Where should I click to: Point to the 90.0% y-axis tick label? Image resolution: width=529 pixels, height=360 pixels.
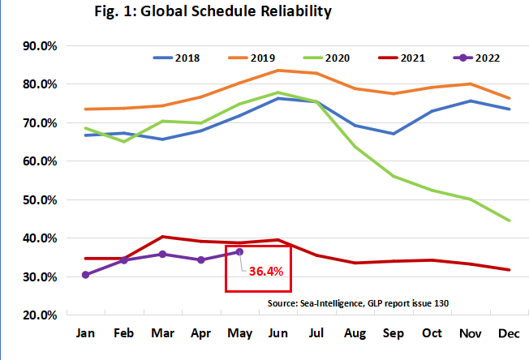click(x=37, y=46)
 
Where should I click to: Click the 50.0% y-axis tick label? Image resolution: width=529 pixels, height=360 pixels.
click(x=37, y=199)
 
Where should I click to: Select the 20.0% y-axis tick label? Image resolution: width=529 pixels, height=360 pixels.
click(x=37, y=315)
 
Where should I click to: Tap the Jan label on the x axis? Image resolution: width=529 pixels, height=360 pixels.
click(x=85, y=333)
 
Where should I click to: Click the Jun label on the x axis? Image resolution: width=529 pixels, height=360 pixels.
click(x=277, y=333)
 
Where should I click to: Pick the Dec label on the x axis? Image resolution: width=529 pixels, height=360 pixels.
click(x=508, y=333)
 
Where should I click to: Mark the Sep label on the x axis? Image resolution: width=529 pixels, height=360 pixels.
click(x=393, y=333)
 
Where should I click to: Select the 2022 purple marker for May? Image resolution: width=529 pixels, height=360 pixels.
click(x=239, y=252)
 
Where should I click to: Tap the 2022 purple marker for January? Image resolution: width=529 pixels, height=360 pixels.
click(x=85, y=275)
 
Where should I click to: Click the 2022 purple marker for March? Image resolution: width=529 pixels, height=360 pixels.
click(x=162, y=254)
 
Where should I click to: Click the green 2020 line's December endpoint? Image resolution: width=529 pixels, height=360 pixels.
click(x=508, y=220)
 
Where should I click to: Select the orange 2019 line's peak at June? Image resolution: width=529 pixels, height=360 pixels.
click(x=277, y=71)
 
